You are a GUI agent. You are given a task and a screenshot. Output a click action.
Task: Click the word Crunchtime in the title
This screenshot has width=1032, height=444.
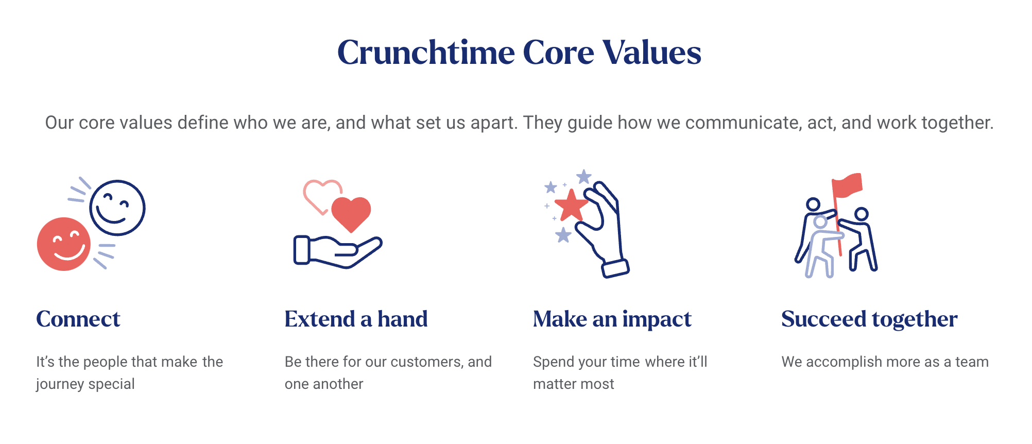[426, 53]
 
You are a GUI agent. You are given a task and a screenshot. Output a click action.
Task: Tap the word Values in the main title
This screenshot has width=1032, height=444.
[652, 53]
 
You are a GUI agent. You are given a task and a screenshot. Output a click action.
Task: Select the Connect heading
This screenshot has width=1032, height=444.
[78, 319]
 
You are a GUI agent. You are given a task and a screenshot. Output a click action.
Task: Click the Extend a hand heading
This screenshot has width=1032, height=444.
[356, 319]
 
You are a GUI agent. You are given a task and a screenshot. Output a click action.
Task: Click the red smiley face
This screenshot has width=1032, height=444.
[64, 244]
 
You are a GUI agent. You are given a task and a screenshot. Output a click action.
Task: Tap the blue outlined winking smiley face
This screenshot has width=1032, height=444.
[117, 208]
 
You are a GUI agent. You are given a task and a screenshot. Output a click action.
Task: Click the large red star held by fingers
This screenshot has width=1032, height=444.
[571, 206]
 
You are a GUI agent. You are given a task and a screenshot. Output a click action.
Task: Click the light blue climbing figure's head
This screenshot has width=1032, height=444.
[820, 223]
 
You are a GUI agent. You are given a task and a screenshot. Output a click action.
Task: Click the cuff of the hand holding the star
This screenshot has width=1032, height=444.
[616, 268]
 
